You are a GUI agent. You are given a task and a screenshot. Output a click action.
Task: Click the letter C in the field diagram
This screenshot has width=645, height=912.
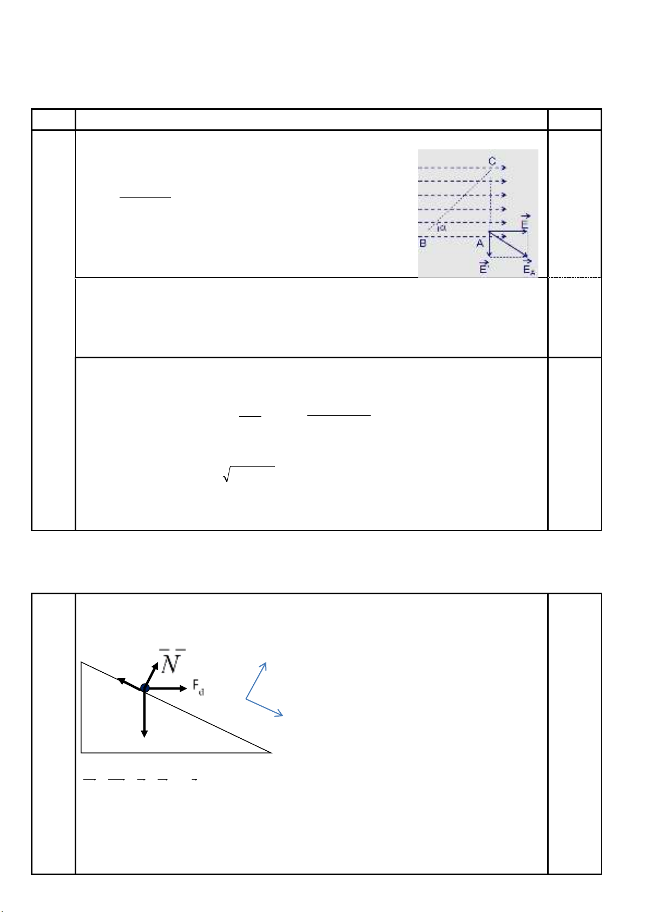pyautogui.click(x=492, y=161)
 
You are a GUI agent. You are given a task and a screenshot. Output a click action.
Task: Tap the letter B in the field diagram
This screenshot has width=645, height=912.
pyautogui.click(x=423, y=244)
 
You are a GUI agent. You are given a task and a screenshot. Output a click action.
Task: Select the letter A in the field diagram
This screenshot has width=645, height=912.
pyautogui.click(x=480, y=244)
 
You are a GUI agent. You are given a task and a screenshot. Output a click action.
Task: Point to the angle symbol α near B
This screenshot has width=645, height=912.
pyautogui.click(x=443, y=228)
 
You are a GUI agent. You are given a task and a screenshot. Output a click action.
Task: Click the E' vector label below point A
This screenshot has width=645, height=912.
pyautogui.click(x=483, y=267)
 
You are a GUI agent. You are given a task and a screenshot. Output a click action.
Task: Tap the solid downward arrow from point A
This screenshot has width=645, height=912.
pyautogui.click(x=490, y=244)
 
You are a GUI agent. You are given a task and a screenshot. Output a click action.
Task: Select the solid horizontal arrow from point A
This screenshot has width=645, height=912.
pyautogui.click(x=508, y=231)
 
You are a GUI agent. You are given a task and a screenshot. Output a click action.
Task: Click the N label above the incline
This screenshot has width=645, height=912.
pyautogui.click(x=172, y=662)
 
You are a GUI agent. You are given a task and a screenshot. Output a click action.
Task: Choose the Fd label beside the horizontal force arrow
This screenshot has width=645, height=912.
pyautogui.click(x=198, y=688)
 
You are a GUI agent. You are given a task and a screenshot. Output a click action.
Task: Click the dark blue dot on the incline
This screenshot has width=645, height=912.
pyautogui.click(x=144, y=688)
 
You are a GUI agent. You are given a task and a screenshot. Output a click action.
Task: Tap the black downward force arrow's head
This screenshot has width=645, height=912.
pyautogui.click(x=144, y=734)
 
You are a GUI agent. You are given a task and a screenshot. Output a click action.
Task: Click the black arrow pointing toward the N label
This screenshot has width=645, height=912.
pyautogui.click(x=152, y=675)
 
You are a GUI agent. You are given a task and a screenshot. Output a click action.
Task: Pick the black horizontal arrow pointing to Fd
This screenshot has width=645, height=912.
pyautogui.click(x=166, y=688)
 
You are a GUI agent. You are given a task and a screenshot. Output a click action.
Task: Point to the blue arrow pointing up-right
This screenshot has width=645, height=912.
pyautogui.click(x=256, y=681)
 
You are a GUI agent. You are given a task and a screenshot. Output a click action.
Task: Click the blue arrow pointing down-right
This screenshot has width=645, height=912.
pyautogui.click(x=264, y=707)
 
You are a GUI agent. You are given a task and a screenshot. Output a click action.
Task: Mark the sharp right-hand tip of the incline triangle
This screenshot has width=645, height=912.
pyautogui.click(x=272, y=753)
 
